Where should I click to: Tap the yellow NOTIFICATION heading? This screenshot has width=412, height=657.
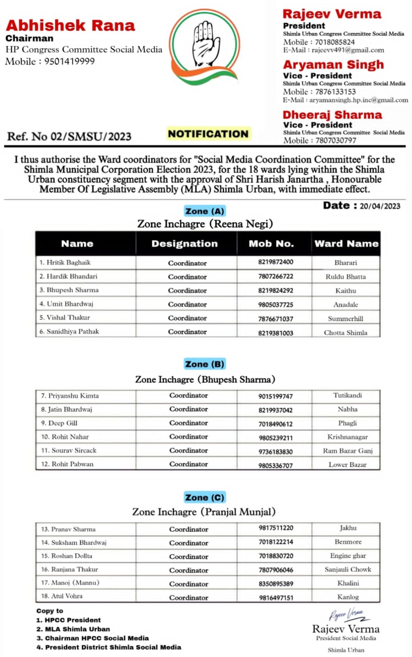(208, 134)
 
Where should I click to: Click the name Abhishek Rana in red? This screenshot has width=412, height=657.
(70, 25)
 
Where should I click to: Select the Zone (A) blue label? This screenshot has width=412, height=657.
(205, 211)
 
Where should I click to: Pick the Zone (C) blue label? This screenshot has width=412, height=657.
(205, 497)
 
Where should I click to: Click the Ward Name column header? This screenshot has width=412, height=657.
(346, 244)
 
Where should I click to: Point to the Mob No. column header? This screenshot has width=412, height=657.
(271, 244)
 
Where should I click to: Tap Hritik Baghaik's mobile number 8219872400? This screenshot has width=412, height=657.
(276, 262)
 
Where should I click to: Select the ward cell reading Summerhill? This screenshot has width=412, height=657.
(345, 318)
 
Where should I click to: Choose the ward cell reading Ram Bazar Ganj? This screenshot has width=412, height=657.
(348, 450)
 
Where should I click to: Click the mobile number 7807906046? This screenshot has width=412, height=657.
(276, 570)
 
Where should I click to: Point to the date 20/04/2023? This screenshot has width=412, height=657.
(380, 206)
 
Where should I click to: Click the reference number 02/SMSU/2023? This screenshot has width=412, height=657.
(90, 136)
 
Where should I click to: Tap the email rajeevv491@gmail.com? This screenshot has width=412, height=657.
(348, 50)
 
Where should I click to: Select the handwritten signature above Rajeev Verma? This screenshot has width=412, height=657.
(345, 615)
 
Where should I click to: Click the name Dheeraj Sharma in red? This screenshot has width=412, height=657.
(332, 115)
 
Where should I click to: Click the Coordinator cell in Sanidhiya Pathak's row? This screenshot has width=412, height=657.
(187, 332)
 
